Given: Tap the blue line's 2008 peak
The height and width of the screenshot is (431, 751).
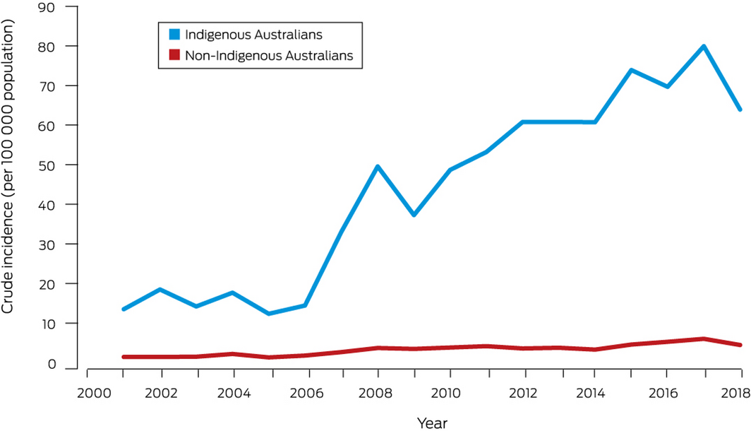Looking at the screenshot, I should click(378, 167).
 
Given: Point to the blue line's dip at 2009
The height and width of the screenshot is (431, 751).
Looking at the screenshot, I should click(414, 215).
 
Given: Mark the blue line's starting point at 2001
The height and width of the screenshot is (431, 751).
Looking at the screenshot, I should click(123, 309).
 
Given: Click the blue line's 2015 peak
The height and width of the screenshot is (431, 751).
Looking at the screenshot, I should click(631, 70).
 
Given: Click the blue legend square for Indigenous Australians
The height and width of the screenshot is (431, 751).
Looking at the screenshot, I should click(169, 33).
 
